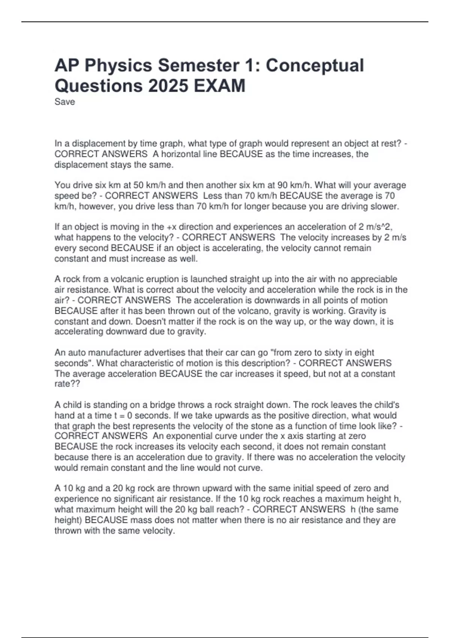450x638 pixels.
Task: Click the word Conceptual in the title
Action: coord(315,66)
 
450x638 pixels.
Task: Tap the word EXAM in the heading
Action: coord(219,86)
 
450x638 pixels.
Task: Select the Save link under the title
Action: coord(64,102)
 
